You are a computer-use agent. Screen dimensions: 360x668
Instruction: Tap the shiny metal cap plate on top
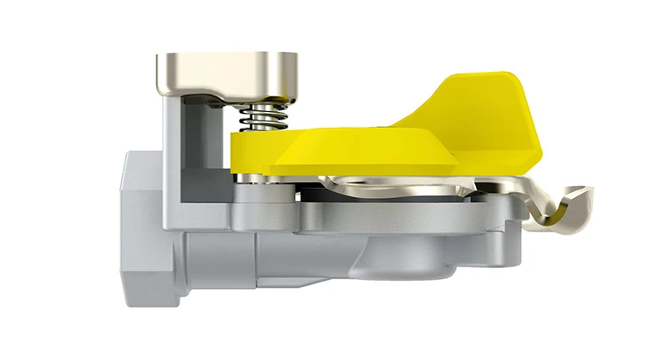(225, 74)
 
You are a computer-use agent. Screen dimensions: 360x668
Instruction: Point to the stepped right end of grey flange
(514, 230)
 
